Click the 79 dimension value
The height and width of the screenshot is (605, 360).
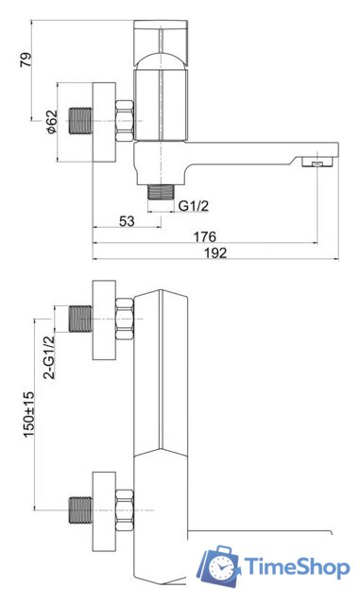pos(26,60)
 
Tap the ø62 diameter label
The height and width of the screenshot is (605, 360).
pos(52,122)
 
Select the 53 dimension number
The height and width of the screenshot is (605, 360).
pos(127,221)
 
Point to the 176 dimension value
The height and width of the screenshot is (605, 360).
pos(204,236)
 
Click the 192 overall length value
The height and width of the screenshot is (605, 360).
pos(215,252)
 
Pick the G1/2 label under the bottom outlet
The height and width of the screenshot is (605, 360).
pos(194,206)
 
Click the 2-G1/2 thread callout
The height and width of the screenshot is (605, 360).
pos(49,357)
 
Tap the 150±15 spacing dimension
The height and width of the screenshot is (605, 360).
pos(29,414)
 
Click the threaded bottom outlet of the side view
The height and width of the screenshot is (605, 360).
pos(162,192)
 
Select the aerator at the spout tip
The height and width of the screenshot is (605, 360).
pos(317,162)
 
